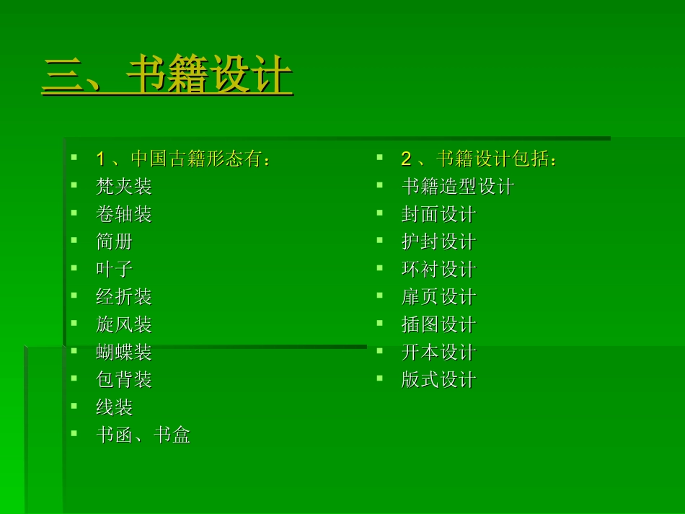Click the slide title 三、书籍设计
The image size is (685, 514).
point(167,76)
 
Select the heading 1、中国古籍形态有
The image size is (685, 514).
point(183,159)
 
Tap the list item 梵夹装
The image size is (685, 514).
point(124,187)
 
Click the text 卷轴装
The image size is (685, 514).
point(124,214)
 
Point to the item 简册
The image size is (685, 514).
point(115,242)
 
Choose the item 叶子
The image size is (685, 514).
point(115,270)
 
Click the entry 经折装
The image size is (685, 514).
point(124,297)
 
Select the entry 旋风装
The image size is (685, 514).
point(124,324)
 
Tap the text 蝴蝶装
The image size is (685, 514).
point(124,353)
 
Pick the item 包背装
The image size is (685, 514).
point(124,380)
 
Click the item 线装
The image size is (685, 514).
point(115,407)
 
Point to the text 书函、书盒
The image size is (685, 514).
point(143,435)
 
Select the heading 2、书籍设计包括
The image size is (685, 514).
point(479,159)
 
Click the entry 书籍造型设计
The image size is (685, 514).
point(457,187)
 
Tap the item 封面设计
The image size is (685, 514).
point(438,214)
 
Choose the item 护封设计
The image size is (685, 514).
point(438,242)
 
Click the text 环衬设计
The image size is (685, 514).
point(438,270)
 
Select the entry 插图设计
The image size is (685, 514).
point(438,324)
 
